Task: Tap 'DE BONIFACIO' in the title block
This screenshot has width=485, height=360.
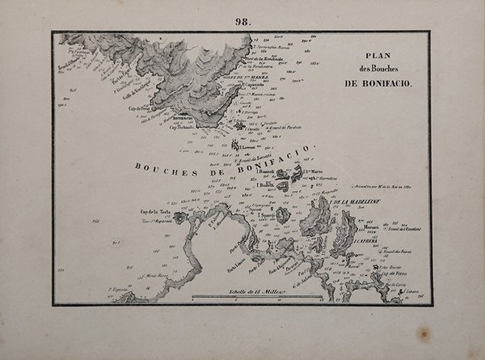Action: click(x=379, y=83)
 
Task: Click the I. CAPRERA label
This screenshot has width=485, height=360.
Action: click(x=365, y=239)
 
